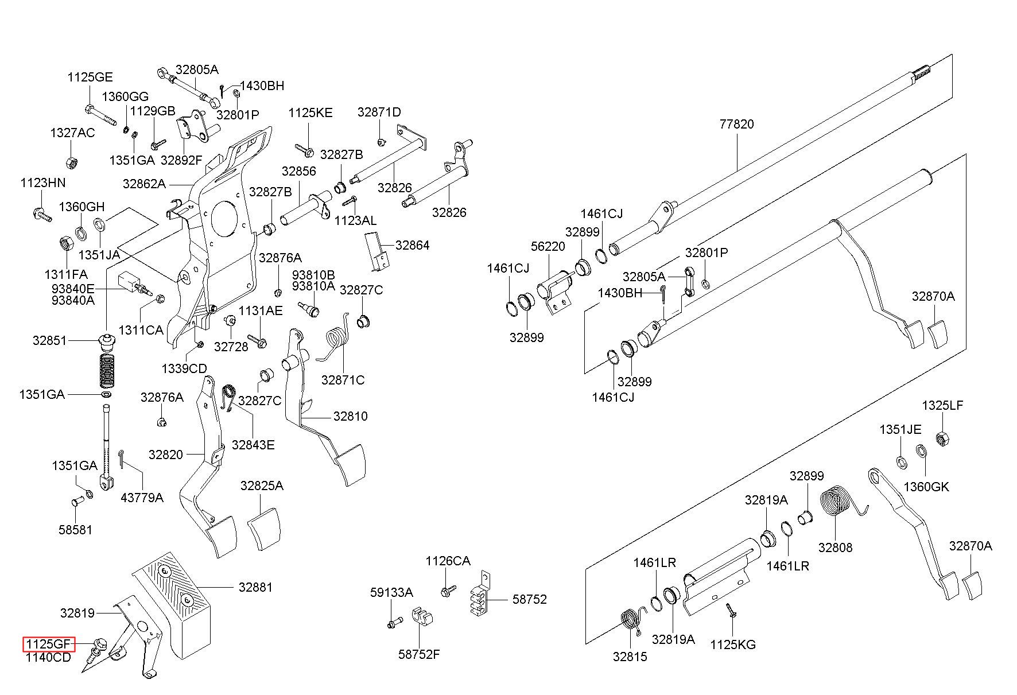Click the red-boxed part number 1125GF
pyautogui.click(x=49, y=644)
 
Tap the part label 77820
pyautogui.click(x=736, y=124)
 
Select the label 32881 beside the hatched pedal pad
pyautogui.click(x=255, y=587)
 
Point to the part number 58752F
pyautogui.click(x=419, y=654)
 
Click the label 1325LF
pyautogui.click(x=942, y=405)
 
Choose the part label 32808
pyautogui.click(x=835, y=548)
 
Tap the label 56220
pyautogui.click(x=548, y=246)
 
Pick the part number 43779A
pyautogui.click(x=142, y=498)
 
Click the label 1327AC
pyautogui.click(x=72, y=133)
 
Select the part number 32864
pyautogui.click(x=412, y=245)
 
